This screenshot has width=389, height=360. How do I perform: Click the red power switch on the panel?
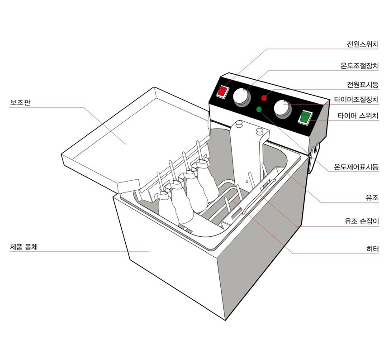(222, 92)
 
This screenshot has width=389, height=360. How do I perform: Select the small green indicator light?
(259, 109)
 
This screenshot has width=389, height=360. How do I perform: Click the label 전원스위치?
(363, 44)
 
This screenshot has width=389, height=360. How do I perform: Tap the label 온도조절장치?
(360, 66)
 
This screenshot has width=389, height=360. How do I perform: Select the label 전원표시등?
(363, 85)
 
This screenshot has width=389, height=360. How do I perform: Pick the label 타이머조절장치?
(356, 100)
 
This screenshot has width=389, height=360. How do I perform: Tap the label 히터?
(373, 249)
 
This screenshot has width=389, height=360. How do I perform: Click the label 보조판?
(20, 102)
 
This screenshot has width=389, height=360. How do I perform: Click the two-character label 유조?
(372, 198)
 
